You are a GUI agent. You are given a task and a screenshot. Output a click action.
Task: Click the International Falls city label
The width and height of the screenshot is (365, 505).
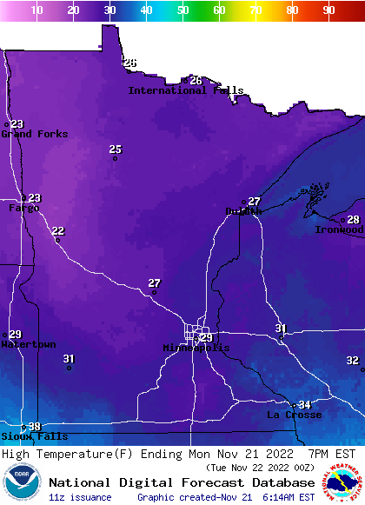tap(185, 90)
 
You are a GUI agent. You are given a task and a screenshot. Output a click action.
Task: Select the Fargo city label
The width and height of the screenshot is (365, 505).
tap(23, 209)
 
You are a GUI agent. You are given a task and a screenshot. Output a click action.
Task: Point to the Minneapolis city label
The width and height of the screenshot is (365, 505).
tap(196, 348)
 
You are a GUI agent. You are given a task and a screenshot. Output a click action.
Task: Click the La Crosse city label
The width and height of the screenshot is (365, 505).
tap(294, 415)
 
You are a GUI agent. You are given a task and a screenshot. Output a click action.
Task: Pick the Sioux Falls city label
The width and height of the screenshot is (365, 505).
tap(34, 436)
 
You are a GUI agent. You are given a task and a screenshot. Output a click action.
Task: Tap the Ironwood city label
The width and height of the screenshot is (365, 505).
tap(339, 230)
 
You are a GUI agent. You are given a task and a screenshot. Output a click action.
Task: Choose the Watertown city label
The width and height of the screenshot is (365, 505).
tap(28, 345)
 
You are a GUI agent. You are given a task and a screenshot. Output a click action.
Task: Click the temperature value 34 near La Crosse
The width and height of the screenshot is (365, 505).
tap(304, 405)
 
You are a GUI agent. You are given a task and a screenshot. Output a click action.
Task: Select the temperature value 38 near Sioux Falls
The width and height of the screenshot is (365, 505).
tap(34, 427)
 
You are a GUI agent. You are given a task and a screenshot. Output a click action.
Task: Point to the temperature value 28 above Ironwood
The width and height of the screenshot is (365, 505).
tap(353, 220)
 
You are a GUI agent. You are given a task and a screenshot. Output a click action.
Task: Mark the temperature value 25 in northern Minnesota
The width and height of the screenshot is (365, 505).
tap(115, 150)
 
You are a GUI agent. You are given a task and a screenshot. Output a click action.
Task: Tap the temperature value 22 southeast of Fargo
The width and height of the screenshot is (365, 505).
tap(57, 230)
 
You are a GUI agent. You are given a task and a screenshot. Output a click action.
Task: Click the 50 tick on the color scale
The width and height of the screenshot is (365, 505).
tap(183, 10)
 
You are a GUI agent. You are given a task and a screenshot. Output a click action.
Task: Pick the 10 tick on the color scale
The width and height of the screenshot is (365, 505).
tap(37, 10)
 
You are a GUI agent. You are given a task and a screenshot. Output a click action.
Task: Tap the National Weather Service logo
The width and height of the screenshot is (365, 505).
tap(343, 483)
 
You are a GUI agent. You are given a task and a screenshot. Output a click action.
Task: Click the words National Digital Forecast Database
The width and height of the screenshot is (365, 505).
tap(182, 482)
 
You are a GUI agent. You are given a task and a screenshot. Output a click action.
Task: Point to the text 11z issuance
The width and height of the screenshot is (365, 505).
tap(80, 497)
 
